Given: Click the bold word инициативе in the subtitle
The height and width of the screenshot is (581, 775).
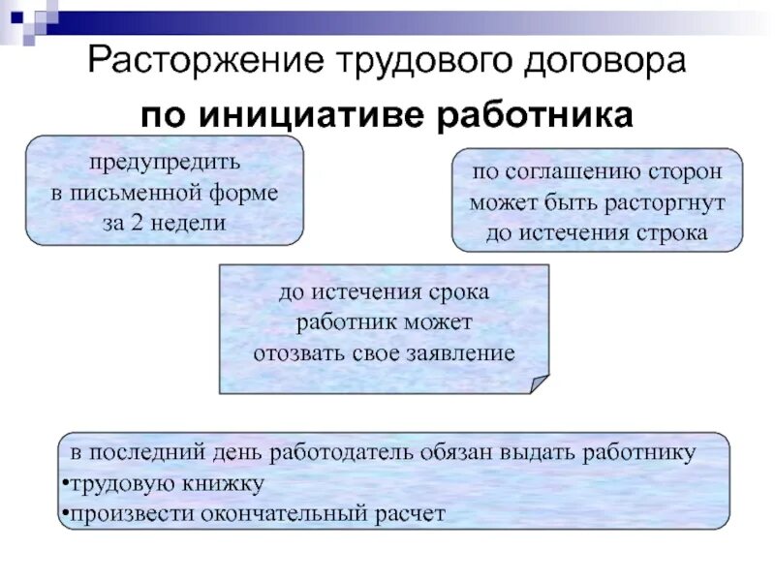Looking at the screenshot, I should click(308, 116).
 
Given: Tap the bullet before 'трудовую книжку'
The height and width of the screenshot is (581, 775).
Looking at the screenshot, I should click(63, 483).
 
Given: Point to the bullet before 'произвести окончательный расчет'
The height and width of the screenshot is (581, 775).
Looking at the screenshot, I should click(63, 513).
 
